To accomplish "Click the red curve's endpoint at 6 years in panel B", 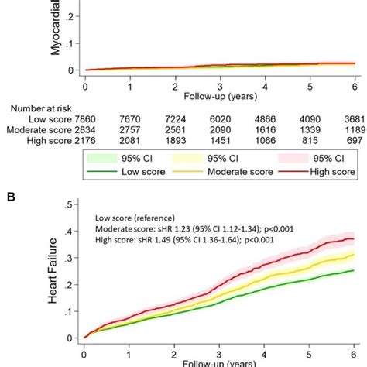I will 354,238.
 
